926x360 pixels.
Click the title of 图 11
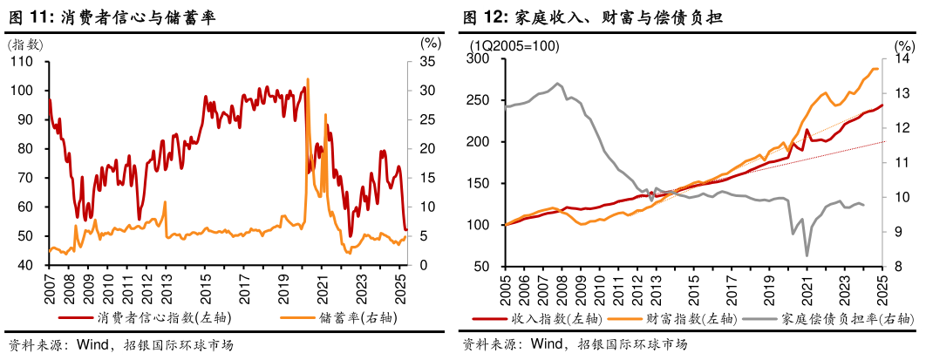(111, 17)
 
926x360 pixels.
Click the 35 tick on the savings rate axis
(427, 62)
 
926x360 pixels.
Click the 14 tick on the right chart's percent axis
(902, 59)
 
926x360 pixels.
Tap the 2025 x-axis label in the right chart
(882, 288)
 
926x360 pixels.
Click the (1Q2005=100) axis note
(514, 45)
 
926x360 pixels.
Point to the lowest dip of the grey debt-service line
(807, 255)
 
